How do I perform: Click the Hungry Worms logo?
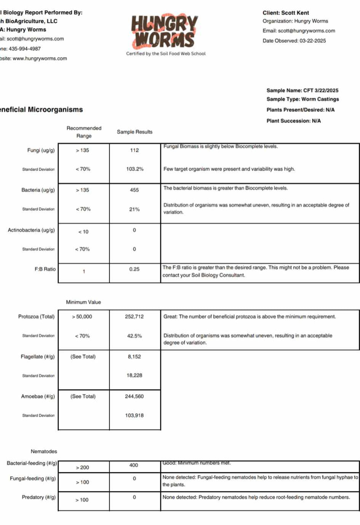(165, 31)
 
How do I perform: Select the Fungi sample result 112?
(134, 150)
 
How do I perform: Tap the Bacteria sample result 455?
(134, 190)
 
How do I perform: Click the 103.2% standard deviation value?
(135, 169)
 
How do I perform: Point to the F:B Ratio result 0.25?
(134, 269)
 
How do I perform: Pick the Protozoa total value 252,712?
(134, 316)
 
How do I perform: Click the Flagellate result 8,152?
(134, 357)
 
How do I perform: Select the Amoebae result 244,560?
(134, 397)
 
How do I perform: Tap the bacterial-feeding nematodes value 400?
(134, 465)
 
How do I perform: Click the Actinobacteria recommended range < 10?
(83, 232)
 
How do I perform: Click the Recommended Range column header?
(84, 132)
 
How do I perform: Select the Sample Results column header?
(134, 132)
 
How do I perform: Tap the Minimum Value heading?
(83, 302)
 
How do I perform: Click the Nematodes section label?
(44, 451)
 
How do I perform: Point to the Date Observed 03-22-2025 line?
(294, 41)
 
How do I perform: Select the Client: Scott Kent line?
(286, 13)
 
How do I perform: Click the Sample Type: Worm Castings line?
(302, 99)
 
